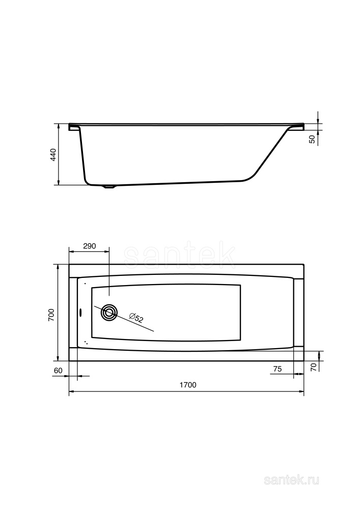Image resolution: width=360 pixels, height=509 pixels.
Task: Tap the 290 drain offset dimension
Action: (89, 246)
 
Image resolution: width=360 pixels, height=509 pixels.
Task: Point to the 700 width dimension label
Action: (51, 315)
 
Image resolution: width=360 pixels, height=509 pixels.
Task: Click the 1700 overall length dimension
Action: (187, 385)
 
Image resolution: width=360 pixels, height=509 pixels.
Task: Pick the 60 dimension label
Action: (58, 370)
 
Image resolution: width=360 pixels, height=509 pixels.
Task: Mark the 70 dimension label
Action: (314, 365)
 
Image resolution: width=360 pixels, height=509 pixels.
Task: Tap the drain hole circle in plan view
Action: (109, 313)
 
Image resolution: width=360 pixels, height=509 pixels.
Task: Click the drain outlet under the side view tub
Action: (109, 187)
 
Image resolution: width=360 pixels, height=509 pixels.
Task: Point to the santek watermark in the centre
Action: (180, 256)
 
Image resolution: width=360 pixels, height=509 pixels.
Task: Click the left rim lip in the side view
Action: (74, 127)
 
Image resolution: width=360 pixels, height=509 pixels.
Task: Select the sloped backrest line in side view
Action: (270, 153)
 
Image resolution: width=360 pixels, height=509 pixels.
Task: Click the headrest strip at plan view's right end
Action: (299, 313)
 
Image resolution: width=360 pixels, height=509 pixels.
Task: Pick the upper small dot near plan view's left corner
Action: (85, 284)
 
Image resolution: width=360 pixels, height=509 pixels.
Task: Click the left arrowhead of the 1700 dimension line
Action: (71, 392)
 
